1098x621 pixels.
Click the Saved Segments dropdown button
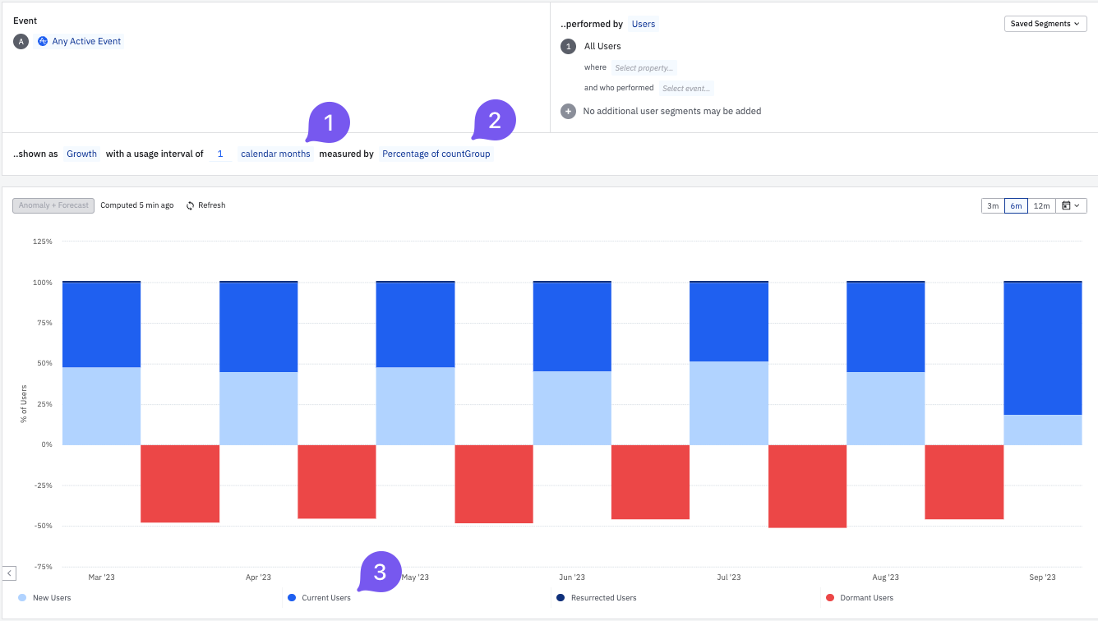click(x=1045, y=24)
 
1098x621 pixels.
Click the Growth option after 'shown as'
click(x=81, y=154)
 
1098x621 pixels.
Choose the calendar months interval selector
click(x=275, y=154)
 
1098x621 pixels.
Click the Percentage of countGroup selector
click(x=436, y=154)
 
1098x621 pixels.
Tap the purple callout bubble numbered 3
click(x=380, y=572)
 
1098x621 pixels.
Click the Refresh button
click(x=205, y=205)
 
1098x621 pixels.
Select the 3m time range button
click(x=993, y=205)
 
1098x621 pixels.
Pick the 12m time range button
click(x=1041, y=205)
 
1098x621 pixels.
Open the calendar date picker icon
click(x=1070, y=205)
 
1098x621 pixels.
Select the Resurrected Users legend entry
click(x=602, y=598)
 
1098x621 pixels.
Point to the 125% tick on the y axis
click(x=42, y=241)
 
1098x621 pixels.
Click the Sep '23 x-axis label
click(x=1042, y=577)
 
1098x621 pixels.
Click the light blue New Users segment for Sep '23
click(x=1042, y=430)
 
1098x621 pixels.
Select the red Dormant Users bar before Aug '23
click(x=807, y=485)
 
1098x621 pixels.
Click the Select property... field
click(x=644, y=68)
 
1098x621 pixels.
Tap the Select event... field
click(x=686, y=89)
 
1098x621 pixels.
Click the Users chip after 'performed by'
click(x=643, y=24)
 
